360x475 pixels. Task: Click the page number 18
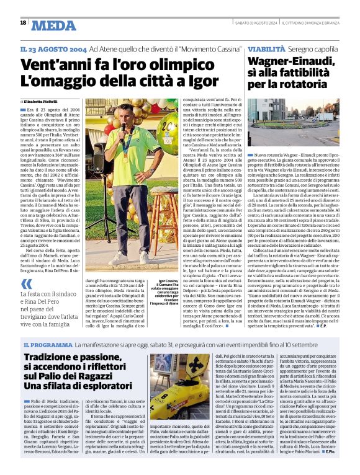click(23, 23)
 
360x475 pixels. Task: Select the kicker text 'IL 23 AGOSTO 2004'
click(53, 48)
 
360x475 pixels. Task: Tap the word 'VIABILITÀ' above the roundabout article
click(267, 48)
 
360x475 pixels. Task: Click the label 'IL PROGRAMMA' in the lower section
click(48, 344)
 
